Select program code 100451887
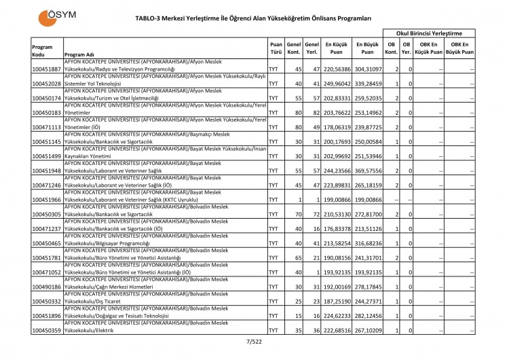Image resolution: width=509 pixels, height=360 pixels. point(47,70)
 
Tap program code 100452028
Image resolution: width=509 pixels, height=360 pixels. point(47,84)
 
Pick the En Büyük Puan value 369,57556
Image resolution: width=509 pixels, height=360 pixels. point(367,170)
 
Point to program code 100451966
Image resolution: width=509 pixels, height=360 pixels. point(47,200)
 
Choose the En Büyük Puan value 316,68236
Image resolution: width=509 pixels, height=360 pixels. point(367,243)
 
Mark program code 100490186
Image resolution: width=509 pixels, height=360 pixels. point(47,287)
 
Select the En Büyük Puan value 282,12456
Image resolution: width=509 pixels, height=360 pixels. point(367,315)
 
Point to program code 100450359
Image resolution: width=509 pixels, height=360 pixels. point(47,330)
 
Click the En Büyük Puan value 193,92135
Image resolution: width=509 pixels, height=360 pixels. point(367,272)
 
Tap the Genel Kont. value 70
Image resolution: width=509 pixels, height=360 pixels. point(296,215)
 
